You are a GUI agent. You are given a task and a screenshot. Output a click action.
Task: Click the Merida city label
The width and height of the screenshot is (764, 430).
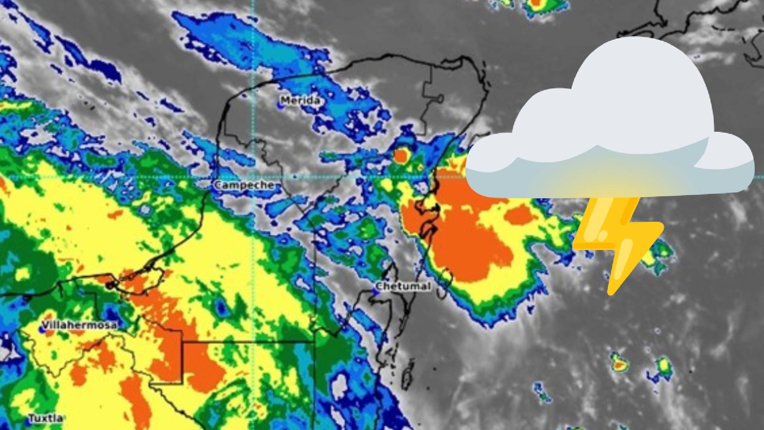(x=300, y=100)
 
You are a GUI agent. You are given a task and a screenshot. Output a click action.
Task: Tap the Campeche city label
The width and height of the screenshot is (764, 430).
(x=244, y=185)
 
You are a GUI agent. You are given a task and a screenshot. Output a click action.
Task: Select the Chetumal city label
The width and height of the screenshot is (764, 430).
(x=403, y=286)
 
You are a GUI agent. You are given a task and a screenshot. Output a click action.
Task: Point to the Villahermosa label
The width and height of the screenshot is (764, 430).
(x=79, y=325)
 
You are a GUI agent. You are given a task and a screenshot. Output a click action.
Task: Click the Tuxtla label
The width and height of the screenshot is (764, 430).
(x=45, y=418)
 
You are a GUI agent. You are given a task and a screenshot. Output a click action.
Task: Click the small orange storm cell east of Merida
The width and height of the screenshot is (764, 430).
(x=401, y=156)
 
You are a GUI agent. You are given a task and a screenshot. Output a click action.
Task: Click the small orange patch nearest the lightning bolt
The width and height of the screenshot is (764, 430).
(x=519, y=215)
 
